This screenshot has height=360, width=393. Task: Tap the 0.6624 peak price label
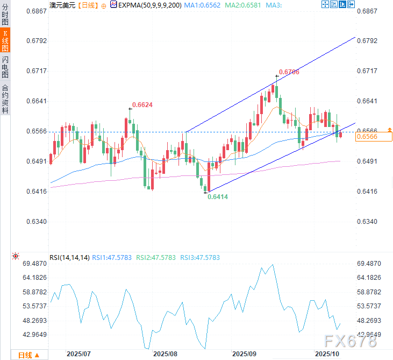142,105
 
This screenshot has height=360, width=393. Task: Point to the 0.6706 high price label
289,72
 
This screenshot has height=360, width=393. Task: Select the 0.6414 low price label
218,197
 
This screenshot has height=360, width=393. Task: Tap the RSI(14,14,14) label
69,258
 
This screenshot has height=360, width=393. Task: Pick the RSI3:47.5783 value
200,258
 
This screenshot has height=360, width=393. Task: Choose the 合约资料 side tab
5,98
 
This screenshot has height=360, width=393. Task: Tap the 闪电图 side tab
5,69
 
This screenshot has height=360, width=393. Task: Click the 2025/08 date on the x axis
166,354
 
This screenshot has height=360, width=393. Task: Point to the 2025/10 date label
327,354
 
